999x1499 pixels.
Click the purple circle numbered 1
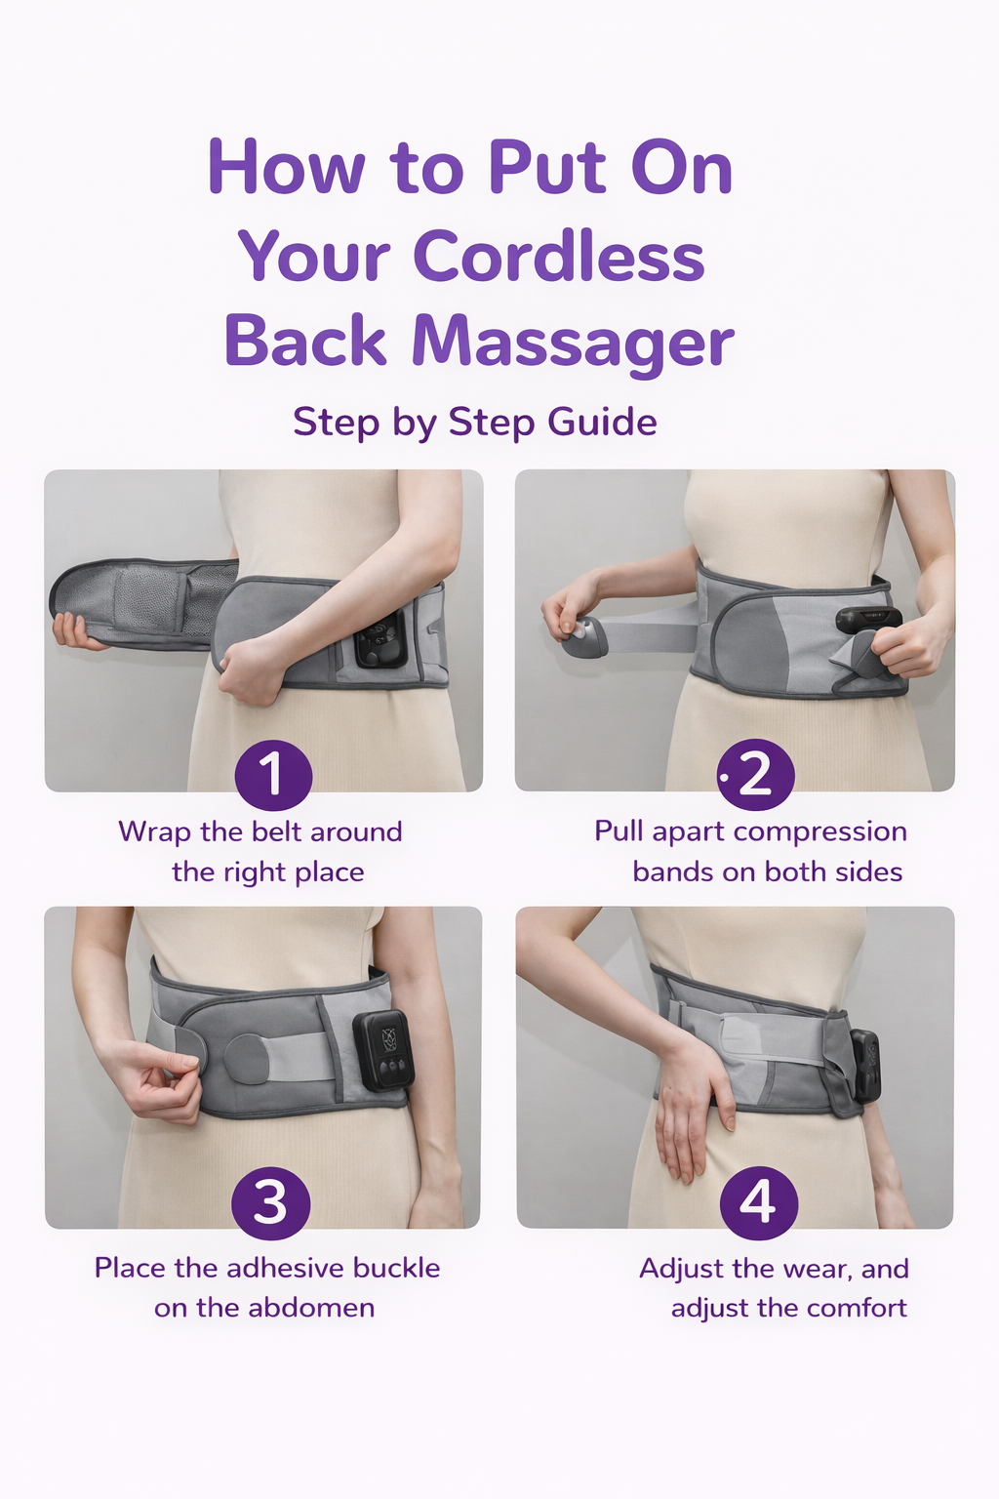(x=274, y=775)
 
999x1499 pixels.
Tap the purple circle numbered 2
(x=755, y=775)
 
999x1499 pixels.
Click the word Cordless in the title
(x=559, y=257)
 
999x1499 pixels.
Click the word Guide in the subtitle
(x=602, y=423)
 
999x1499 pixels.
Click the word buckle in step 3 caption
(x=396, y=1268)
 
